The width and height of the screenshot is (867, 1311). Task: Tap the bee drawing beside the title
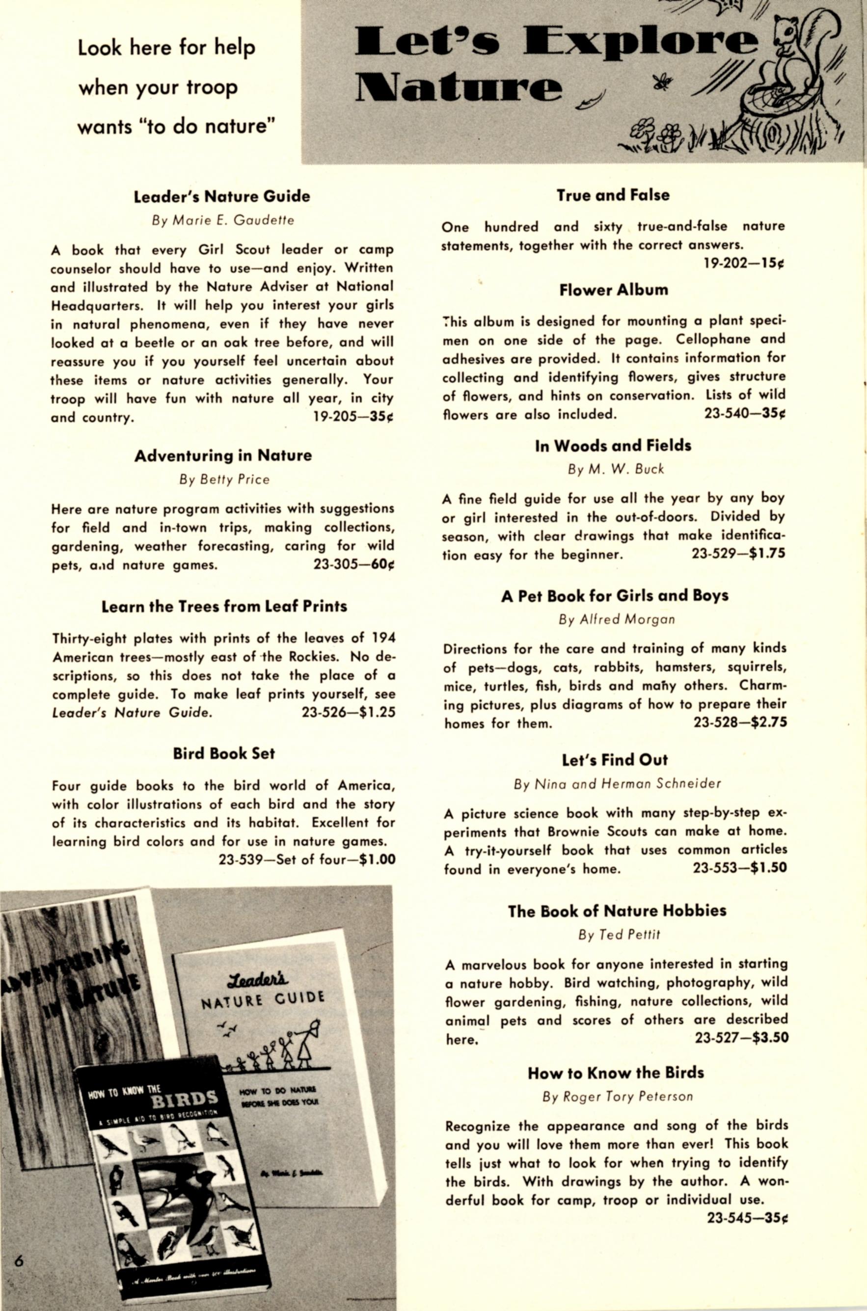(662, 82)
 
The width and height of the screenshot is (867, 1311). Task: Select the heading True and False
(613, 195)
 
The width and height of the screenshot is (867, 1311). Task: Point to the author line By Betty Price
(224, 479)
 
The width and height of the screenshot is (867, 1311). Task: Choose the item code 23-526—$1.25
(349, 712)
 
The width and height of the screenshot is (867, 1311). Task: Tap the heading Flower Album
(613, 290)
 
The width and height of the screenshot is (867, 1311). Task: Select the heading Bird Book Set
(223, 754)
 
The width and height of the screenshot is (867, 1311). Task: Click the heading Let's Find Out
(614, 760)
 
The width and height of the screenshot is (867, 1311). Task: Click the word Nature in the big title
(459, 88)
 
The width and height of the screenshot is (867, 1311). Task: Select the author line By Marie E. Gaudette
(223, 220)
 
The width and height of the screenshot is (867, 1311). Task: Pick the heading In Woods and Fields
(613, 446)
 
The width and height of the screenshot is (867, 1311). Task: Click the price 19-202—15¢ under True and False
(744, 264)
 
